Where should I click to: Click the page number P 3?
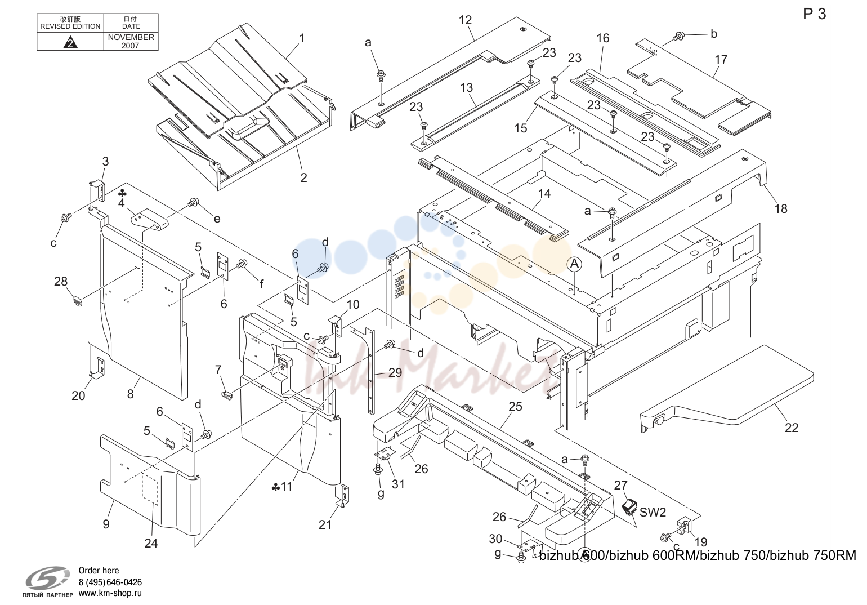[x=814, y=14]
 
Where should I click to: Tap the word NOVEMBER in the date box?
[x=131, y=37]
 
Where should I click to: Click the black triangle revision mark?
[x=70, y=42]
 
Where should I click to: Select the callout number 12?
[x=465, y=20]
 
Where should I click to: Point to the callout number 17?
[x=721, y=60]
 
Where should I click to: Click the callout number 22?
[x=792, y=428]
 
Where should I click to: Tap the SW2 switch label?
[x=653, y=512]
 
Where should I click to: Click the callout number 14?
[x=544, y=193]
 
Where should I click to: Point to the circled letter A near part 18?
[x=574, y=264]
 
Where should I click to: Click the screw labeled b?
[x=678, y=37]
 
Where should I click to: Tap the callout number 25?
[x=516, y=406]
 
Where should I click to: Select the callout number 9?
[x=106, y=524]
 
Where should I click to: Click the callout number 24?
[x=151, y=544]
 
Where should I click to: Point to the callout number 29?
[x=395, y=372]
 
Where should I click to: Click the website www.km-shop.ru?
[x=110, y=593]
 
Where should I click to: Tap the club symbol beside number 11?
[x=276, y=487]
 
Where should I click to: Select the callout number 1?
[x=302, y=38]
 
